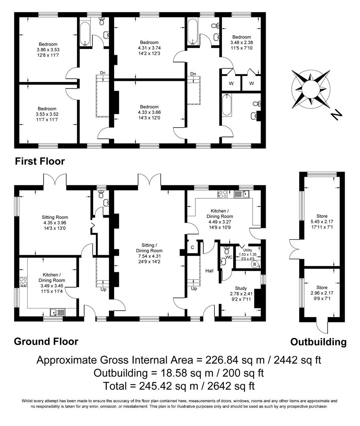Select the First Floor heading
(x=39, y=161)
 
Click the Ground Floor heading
(x=46, y=341)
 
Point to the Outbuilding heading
(x=318, y=342)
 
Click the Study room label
(x=241, y=288)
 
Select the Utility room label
(x=247, y=250)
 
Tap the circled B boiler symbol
(x=255, y=264)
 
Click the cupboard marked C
(x=192, y=247)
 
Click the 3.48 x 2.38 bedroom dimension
(x=241, y=43)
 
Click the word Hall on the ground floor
(x=209, y=271)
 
